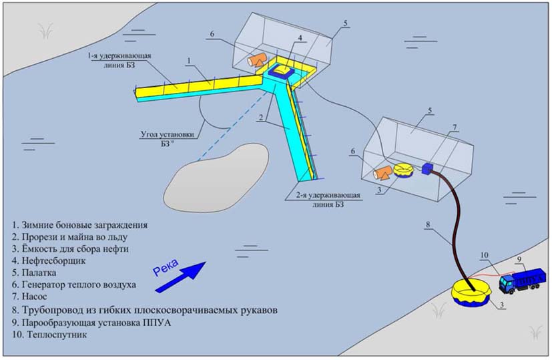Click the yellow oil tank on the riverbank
tap(472, 293)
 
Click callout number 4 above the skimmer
tap(301, 38)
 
